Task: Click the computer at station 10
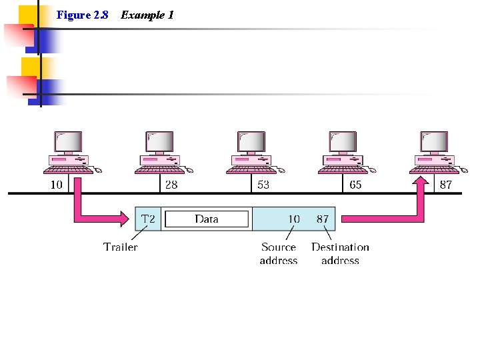(x=69, y=151)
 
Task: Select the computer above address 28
(x=160, y=151)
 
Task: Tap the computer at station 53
(x=251, y=151)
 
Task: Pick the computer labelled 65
(x=343, y=151)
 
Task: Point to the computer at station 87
(x=435, y=151)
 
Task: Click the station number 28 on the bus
(x=171, y=185)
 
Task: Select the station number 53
(x=263, y=185)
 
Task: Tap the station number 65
(x=355, y=185)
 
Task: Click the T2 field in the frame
(x=148, y=219)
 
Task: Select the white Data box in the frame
(x=207, y=219)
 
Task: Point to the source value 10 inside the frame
(x=293, y=219)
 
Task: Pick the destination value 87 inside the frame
(x=323, y=219)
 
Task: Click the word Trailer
(x=121, y=247)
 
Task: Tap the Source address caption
(x=279, y=253)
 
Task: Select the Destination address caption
(x=340, y=253)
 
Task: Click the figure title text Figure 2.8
(x=83, y=15)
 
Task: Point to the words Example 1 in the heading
(x=147, y=15)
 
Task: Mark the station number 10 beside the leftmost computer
(x=57, y=185)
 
